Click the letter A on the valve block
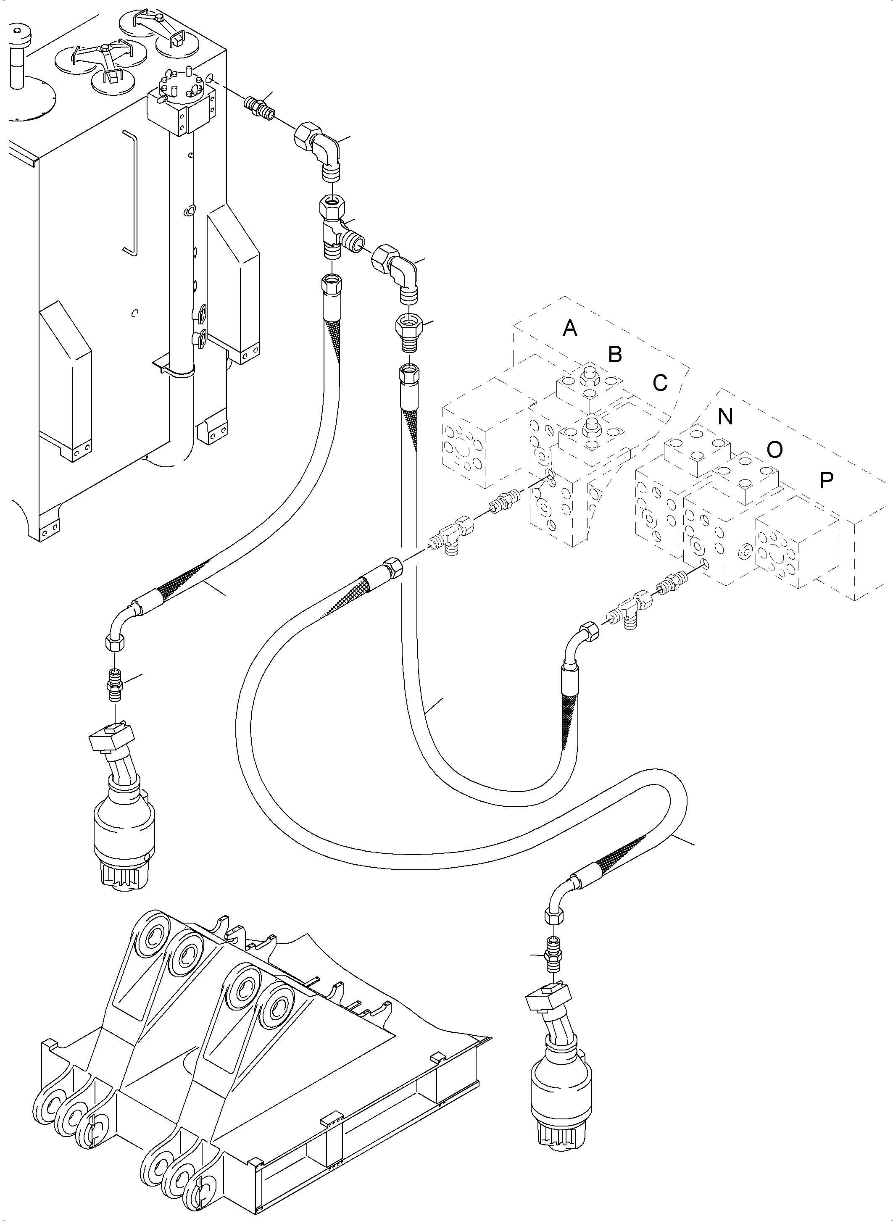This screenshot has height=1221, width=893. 570,328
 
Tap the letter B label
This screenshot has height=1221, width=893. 615,355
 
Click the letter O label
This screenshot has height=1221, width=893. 774,449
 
